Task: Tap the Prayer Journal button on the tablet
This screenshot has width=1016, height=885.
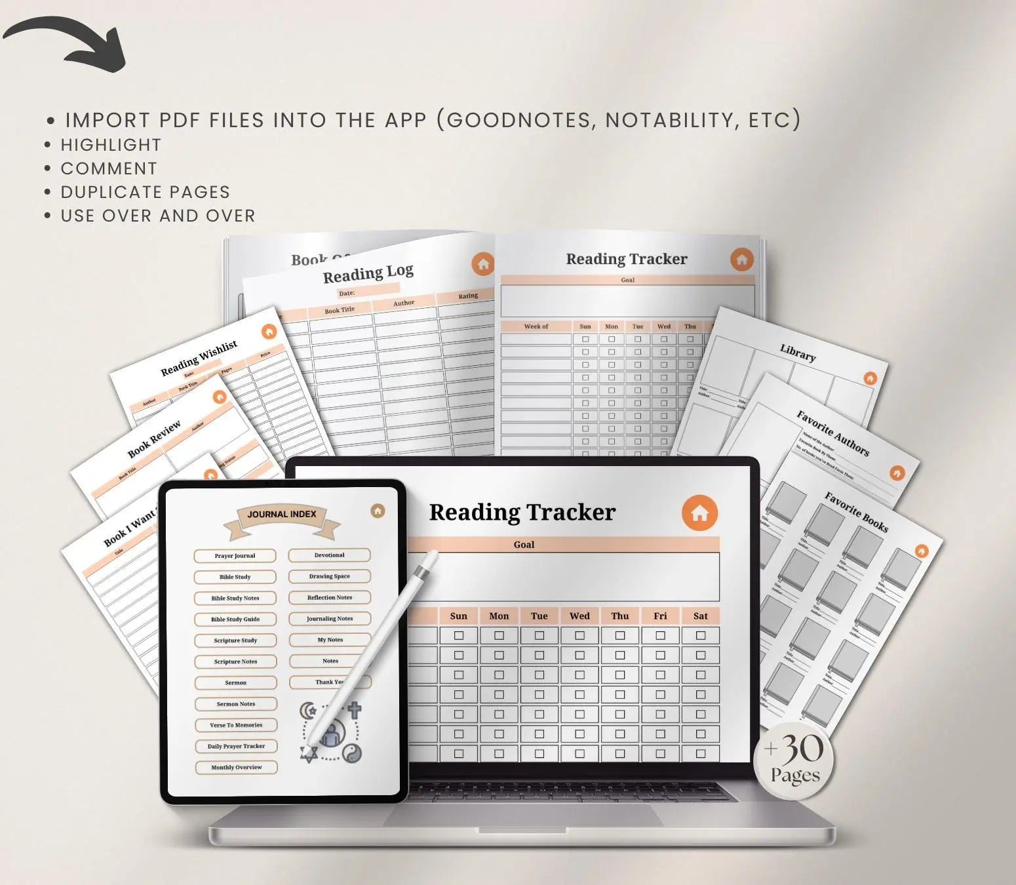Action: point(235,556)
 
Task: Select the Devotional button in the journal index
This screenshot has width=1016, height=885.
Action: point(329,555)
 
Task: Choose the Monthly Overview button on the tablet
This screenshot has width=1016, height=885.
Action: point(236,767)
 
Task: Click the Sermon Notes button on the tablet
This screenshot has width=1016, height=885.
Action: point(236,704)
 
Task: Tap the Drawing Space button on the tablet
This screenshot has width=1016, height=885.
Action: point(329,576)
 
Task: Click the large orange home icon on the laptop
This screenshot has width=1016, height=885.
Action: point(699,513)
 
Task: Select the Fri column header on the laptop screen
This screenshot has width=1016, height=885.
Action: point(660,616)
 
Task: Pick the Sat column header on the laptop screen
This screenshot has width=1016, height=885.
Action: point(700,616)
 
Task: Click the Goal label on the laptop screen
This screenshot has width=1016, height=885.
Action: point(524,544)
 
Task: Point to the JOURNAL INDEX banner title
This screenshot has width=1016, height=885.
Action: point(282,515)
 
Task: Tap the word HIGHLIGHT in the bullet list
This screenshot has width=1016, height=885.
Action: point(111,145)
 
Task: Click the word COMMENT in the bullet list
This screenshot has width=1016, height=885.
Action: point(109,168)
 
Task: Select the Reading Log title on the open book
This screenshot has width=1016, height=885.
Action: point(368,273)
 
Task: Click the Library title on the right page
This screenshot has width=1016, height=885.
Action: point(798,353)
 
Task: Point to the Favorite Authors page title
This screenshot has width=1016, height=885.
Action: point(832,433)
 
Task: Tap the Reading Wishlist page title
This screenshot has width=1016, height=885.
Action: point(199,359)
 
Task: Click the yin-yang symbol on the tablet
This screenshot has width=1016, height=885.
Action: point(352,754)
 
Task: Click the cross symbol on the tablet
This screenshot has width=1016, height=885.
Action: point(354,709)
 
